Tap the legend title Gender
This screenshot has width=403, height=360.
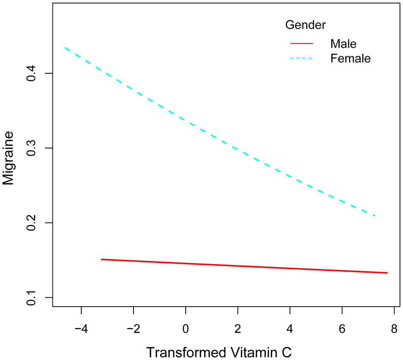pyautogui.click(x=305, y=25)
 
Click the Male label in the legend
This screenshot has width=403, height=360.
pyautogui.click(x=343, y=44)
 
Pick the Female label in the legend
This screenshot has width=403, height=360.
pyautogui.click(x=351, y=58)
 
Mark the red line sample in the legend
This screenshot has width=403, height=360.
pyautogui.click(x=302, y=44)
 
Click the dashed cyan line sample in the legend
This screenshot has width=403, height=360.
pyautogui.click(x=302, y=58)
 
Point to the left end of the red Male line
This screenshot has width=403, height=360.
pyautogui.click(x=101, y=259)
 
